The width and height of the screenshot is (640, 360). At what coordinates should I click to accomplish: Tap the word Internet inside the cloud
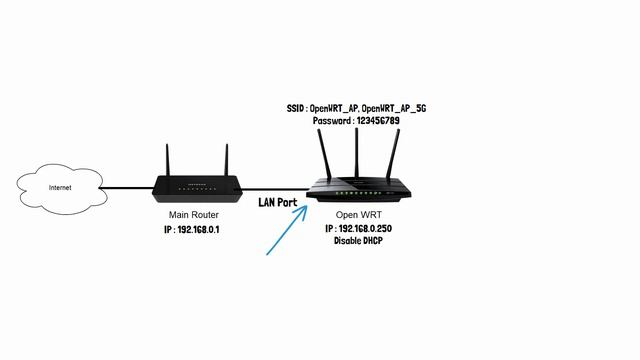pyautogui.click(x=59, y=187)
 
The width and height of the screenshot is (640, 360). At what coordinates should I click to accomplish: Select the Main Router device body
pyautogui.click(x=196, y=187)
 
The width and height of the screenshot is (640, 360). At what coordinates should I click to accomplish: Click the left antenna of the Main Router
pyautogui.click(x=167, y=160)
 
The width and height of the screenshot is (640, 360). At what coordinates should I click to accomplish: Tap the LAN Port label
pyautogui.click(x=278, y=203)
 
